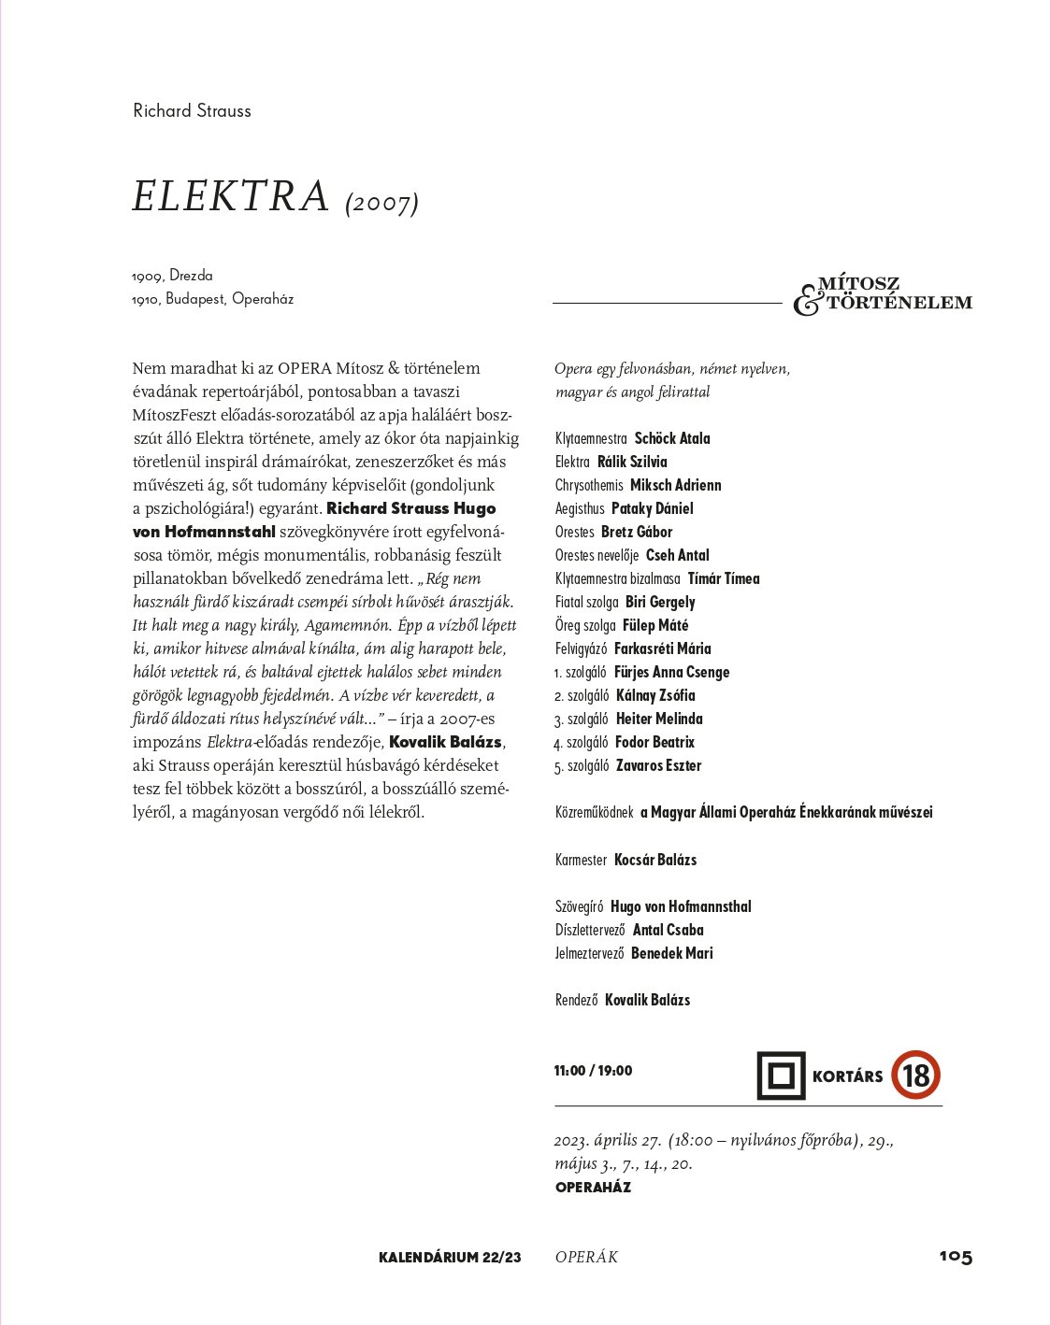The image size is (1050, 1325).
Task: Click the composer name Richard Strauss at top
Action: point(192,110)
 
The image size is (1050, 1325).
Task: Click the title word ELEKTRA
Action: point(231,196)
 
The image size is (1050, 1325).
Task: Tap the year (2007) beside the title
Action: point(381,202)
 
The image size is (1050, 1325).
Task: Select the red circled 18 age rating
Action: point(915,1075)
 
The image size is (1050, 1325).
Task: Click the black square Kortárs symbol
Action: point(781,1076)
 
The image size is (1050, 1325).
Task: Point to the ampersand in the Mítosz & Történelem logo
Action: point(806,301)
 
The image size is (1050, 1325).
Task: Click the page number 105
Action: point(956,1257)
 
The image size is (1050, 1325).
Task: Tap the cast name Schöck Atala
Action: point(672,438)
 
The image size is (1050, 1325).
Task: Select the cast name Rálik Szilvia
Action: point(632,462)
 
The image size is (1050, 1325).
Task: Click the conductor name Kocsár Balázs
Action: point(654,860)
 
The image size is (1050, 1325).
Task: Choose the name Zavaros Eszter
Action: point(658,765)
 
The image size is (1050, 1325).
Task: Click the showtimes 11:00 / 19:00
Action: point(593,1071)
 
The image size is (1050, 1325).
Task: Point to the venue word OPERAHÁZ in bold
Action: point(593,1188)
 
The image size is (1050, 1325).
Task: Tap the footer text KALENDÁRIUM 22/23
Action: point(450,1258)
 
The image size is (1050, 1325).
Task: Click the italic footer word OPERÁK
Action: point(586,1258)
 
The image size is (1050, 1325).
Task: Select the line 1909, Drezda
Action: point(173,276)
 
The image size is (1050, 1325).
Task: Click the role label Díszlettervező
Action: point(590,930)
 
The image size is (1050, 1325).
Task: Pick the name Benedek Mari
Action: point(671,953)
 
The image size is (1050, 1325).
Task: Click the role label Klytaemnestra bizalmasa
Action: point(618,578)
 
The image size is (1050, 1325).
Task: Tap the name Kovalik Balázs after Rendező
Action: point(647,1000)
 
